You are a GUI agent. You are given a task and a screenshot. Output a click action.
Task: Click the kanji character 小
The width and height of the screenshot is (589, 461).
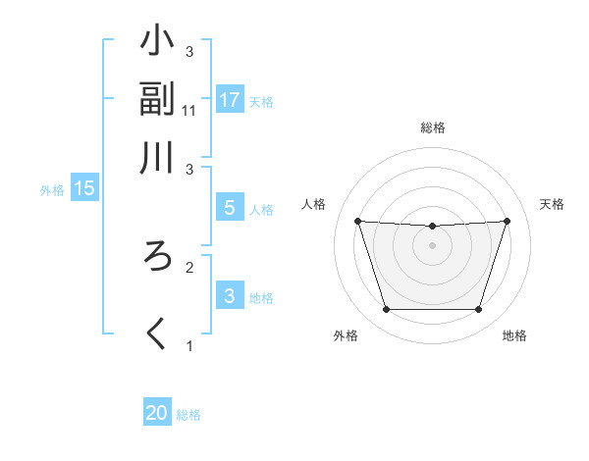[158, 43]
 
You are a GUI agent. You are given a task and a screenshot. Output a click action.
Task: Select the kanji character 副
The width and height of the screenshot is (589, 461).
[158, 99]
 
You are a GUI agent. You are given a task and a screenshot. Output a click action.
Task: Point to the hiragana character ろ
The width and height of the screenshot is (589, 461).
[158, 258]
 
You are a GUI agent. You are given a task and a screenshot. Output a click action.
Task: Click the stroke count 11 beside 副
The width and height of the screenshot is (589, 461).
[189, 110]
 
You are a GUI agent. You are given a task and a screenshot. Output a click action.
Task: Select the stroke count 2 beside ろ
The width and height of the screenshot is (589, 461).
[189, 266]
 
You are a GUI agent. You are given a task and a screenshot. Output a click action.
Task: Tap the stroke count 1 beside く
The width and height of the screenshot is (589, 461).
[189, 345]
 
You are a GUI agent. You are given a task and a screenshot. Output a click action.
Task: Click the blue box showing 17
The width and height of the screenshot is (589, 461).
[229, 100]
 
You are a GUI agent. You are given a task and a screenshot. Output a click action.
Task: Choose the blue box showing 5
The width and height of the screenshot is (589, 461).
[229, 207]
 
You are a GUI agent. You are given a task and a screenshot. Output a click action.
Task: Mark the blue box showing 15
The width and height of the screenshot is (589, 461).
[83, 188]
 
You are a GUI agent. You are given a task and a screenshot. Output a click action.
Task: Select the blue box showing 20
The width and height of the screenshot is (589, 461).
[156, 414]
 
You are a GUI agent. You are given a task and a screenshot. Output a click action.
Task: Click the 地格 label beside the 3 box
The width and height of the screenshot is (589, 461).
[261, 297]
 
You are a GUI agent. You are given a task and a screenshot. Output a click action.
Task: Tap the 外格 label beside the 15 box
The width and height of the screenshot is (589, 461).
[51, 190]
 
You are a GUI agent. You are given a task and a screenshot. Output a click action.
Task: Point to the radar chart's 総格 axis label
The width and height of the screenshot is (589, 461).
[433, 128]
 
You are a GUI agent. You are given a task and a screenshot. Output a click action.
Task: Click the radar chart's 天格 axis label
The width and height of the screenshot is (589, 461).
[552, 204]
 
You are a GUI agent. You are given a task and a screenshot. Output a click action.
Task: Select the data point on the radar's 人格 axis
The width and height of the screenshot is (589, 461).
[357, 221]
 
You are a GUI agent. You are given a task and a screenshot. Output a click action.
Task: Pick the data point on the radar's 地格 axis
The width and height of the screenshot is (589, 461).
[478, 310]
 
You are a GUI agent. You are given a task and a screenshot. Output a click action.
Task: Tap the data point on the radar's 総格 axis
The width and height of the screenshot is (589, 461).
[432, 227]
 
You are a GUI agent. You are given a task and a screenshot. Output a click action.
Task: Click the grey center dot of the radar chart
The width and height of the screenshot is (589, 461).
[432, 245]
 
